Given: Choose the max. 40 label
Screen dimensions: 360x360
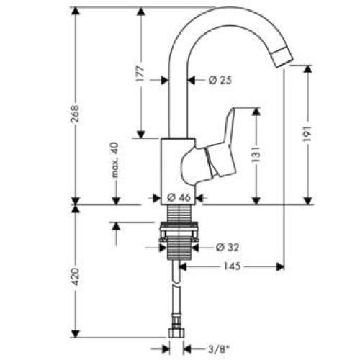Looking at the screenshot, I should coord(114,160).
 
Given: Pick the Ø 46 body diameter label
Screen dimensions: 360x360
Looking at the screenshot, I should coord(177,197).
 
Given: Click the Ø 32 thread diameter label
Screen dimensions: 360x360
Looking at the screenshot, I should coord(227,247).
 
